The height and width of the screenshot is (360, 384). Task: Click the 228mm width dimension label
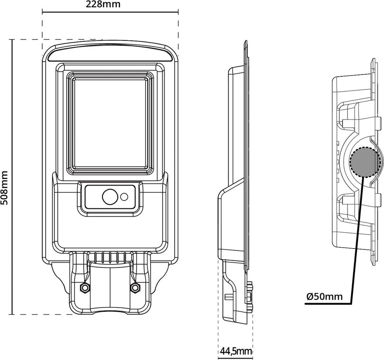[103, 4]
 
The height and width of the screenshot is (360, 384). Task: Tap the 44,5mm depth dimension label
[236, 351]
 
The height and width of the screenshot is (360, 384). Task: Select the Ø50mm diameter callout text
[325, 297]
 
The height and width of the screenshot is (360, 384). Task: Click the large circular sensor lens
[110, 197]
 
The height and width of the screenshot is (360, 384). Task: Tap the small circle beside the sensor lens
[124, 197]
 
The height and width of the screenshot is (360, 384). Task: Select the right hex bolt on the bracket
[134, 287]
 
